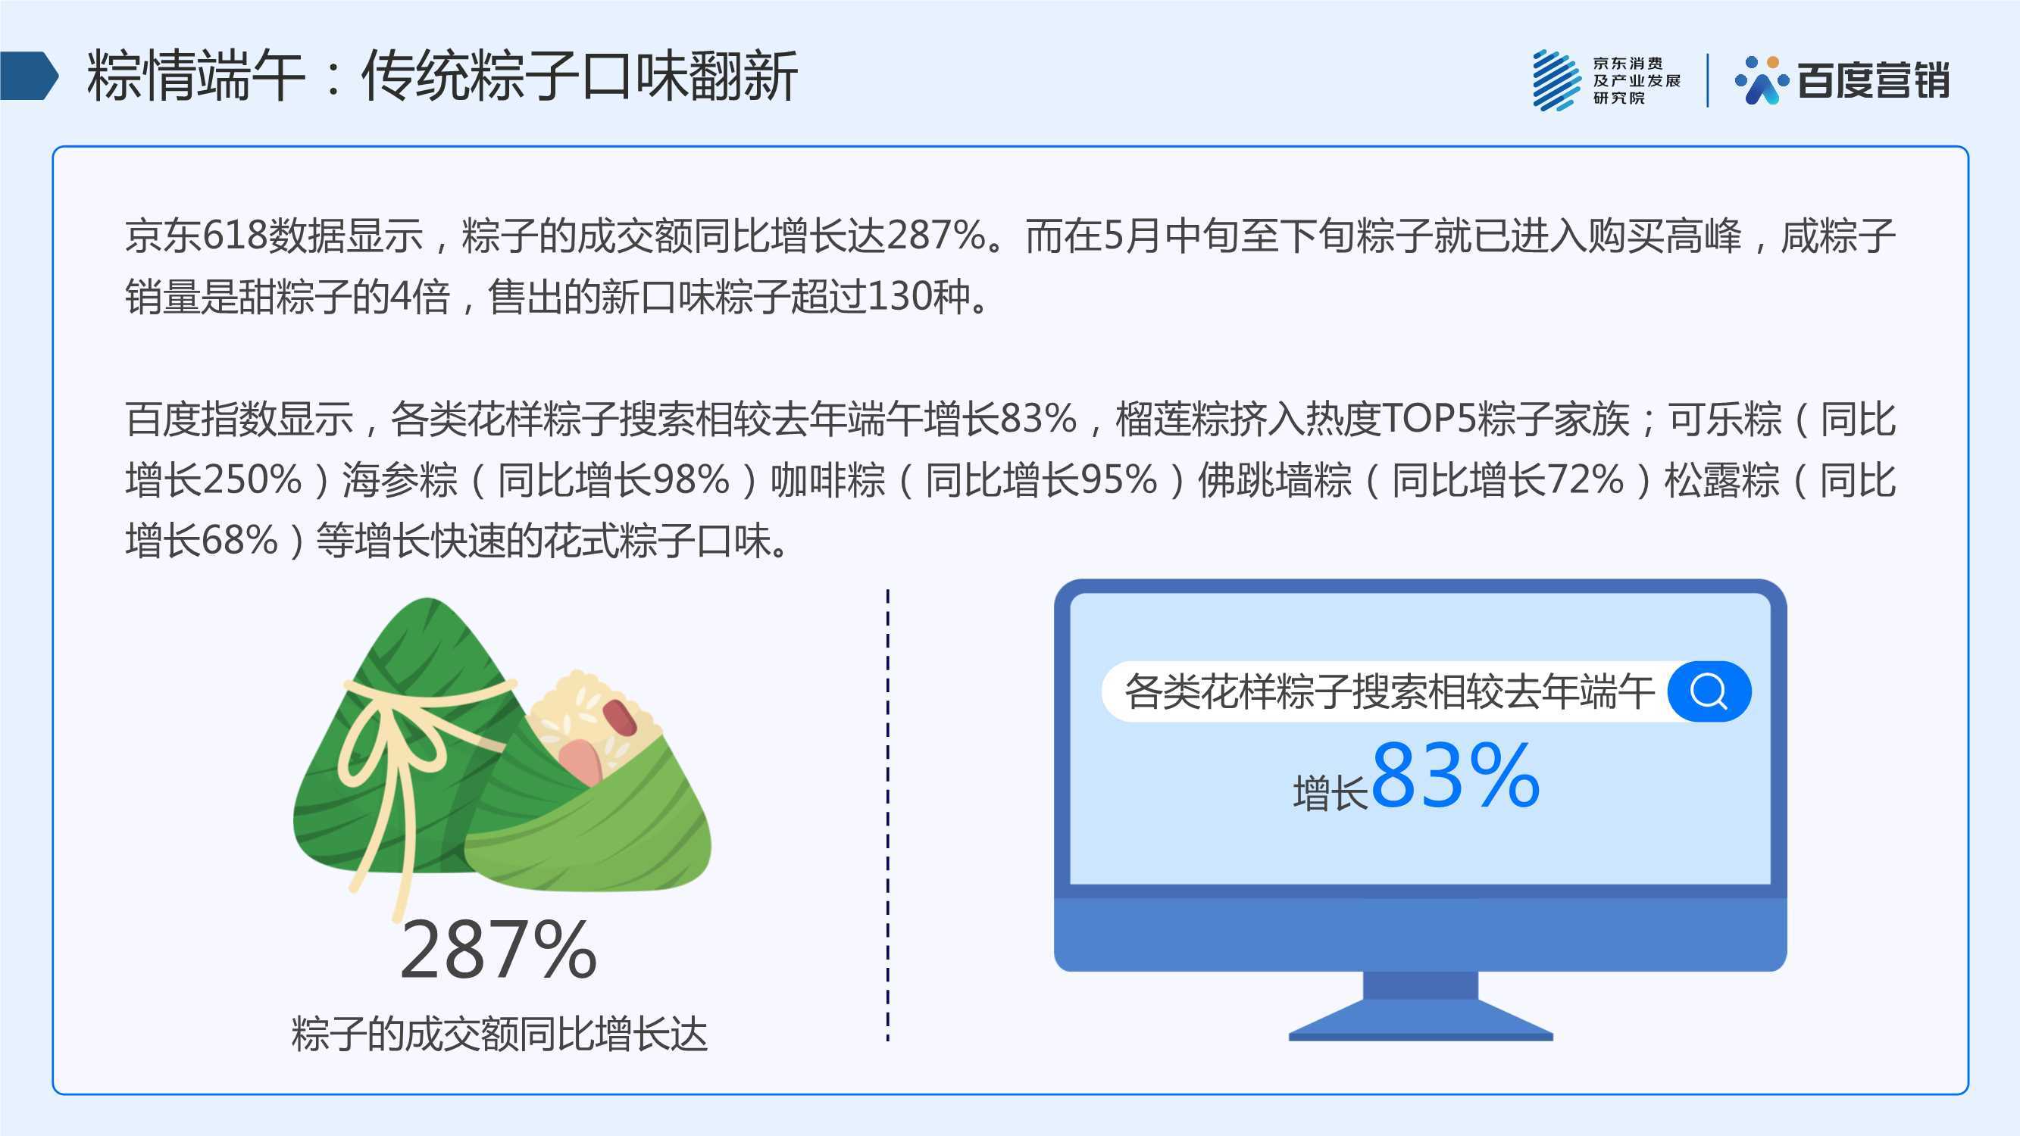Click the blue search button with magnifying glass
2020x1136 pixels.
(x=1709, y=691)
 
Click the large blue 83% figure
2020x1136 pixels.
(x=1456, y=776)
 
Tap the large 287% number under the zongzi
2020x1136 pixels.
(x=499, y=950)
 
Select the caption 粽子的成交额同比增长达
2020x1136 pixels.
(x=499, y=1033)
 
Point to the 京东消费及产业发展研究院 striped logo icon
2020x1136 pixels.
(x=1556, y=80)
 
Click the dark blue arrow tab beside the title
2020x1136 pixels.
(x=29, y=76)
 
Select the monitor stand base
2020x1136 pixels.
(x=1421, y=1019)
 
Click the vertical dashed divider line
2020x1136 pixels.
(x=888, y=816)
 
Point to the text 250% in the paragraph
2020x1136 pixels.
(x=252, y=479)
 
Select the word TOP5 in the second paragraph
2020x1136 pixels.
(x=1428, y=419)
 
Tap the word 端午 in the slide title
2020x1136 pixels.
(x=251, y=76)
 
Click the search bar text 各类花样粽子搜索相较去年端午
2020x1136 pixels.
(x=1389, y=691)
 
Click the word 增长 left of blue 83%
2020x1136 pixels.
(x=1330, y=792)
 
